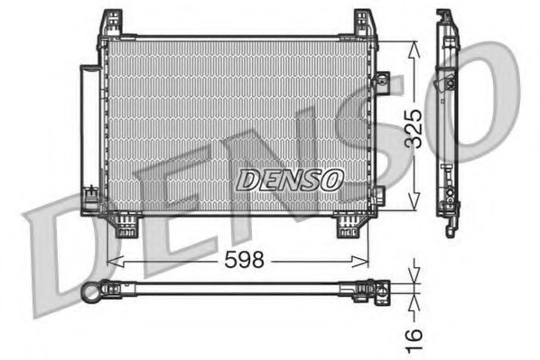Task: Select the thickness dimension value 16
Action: coord(413,336)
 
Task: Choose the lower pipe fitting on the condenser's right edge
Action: coord(377,193)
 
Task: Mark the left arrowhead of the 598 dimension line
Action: coord(112,262)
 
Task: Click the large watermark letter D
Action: coord(68,248)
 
